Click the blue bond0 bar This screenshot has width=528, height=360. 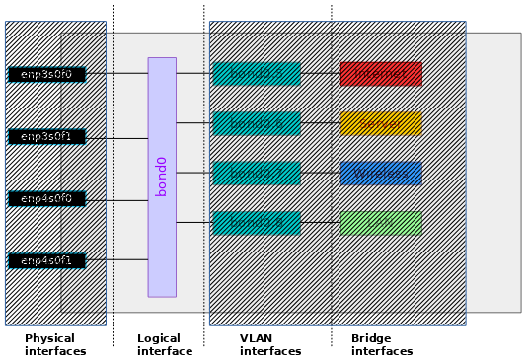(162, 177)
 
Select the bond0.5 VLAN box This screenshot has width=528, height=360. (257, 74)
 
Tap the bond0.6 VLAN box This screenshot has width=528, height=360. (257, 123)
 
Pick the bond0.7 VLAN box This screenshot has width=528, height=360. (257, 174)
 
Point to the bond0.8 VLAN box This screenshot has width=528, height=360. (257, 223)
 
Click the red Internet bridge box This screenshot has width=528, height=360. (381, 74)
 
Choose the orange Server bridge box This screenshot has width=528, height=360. (381, 123)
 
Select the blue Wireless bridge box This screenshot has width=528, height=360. (381, 174)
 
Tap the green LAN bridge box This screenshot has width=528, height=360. (381, 223)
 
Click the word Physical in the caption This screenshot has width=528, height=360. (49, 338)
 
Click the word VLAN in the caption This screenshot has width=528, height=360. (257, 338)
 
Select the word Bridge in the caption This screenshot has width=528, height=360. (370, 338)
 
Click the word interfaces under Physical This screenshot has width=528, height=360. (55, 351)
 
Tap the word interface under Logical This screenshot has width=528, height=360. (164, 351)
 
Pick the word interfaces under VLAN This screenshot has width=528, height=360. (270, 351)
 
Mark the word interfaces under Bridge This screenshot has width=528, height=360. (382, 351)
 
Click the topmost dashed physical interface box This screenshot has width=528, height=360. (46, 75)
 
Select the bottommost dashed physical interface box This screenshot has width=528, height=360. (46, 261)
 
